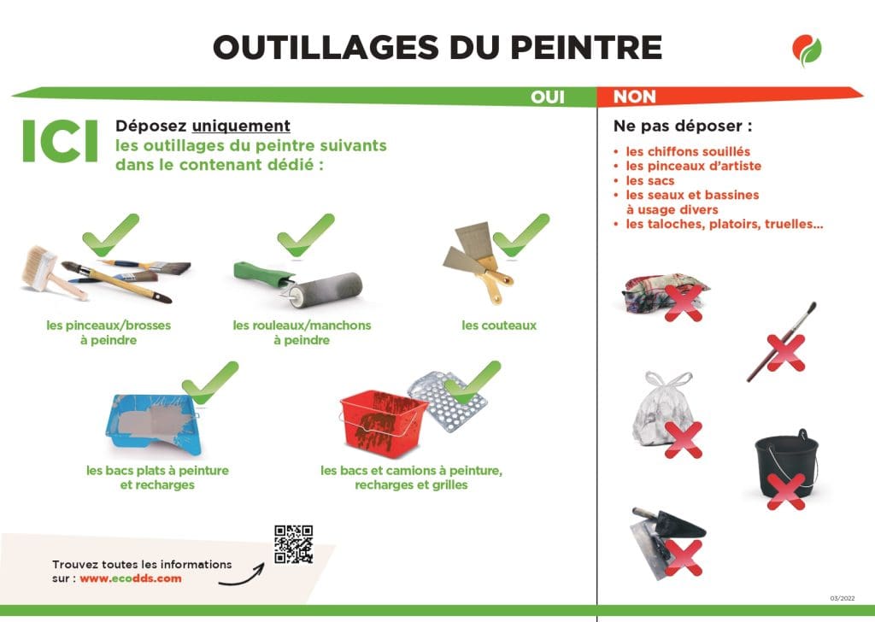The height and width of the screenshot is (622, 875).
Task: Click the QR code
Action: [x=293, y=544]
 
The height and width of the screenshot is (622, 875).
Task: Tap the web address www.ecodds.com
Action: [x=131, y=578]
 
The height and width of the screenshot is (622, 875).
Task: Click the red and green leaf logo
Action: [x=807, y=50]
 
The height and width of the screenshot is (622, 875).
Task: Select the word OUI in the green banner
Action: [x=548, y=97]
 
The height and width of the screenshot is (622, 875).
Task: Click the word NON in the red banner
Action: [x=635, y=97]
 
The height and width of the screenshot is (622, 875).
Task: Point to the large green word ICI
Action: [x=61, y=141]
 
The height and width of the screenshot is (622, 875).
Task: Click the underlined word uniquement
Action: [x=241, y=126]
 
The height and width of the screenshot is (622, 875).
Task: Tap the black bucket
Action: [x=786, y=463]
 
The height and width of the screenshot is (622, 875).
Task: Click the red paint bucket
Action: [x=384, y=423]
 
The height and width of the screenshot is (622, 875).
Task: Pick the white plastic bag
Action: [x=663, y=410]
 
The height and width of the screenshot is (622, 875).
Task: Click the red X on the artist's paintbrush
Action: [x=786, y=353]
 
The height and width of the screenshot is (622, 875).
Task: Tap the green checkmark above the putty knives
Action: [x=521, y=236]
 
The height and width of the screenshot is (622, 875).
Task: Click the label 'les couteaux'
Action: [x=499, y=326]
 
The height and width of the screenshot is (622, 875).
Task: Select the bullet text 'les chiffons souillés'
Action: [x=688, y=152]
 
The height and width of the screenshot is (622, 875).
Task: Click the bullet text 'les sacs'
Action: [x=650, y=181]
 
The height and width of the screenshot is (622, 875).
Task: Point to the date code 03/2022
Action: [x=842, y=599]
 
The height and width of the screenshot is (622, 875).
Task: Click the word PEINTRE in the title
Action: [x=586, y=47]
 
